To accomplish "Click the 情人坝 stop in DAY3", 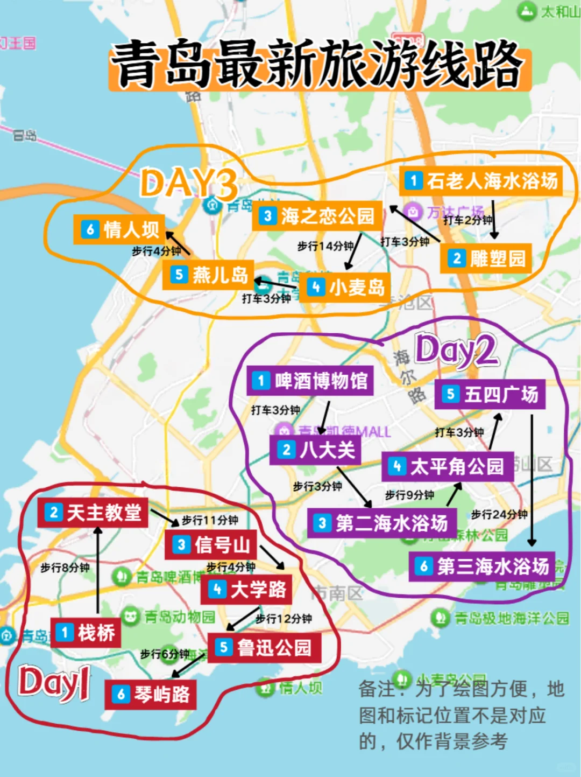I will point(120,230).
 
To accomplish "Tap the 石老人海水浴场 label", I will point(481,181).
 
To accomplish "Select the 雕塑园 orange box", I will point(486,258).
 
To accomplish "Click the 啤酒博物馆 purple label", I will point(310,381).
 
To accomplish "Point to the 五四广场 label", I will point(490,395).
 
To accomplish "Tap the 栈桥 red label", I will point(86,633).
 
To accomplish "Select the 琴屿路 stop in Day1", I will point(151,695).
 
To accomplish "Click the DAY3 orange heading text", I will point(188,183).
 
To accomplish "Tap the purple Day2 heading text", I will point(456,350).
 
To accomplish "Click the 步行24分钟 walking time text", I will point(499,514).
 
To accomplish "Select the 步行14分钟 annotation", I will point(325,246).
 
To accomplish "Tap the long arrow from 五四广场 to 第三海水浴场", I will point(532,479).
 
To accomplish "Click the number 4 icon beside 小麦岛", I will point(316,287).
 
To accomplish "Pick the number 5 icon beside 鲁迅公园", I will point(224,647).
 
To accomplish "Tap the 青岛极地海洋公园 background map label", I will point(511,618).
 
